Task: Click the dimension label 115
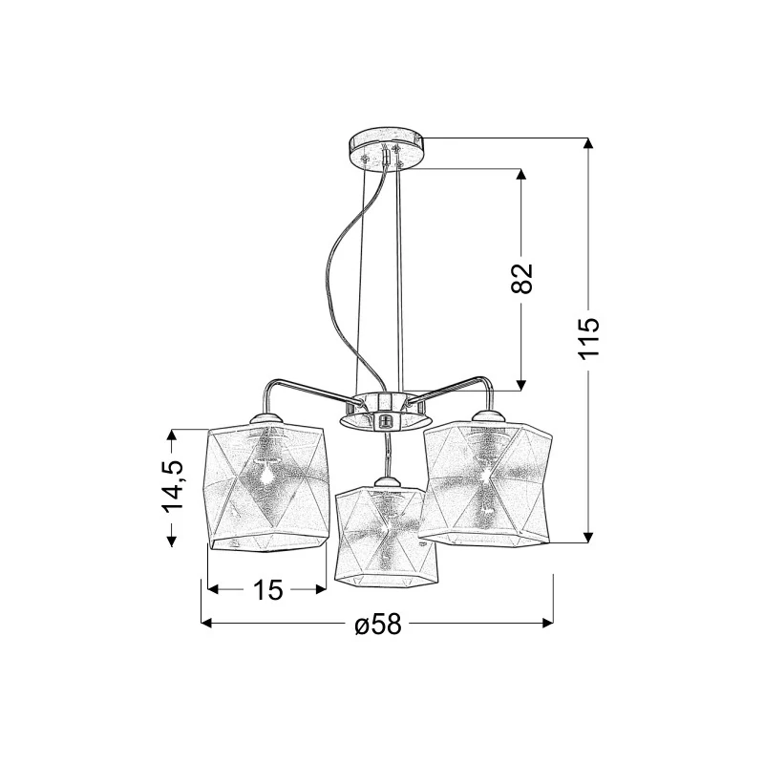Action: (x=589, y=339)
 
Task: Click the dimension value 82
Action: (x=521, y=279)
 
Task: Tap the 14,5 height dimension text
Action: (x=173, y=486)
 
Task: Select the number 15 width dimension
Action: (x=267, y=590)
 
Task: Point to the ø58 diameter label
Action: (x=378, y=624)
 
